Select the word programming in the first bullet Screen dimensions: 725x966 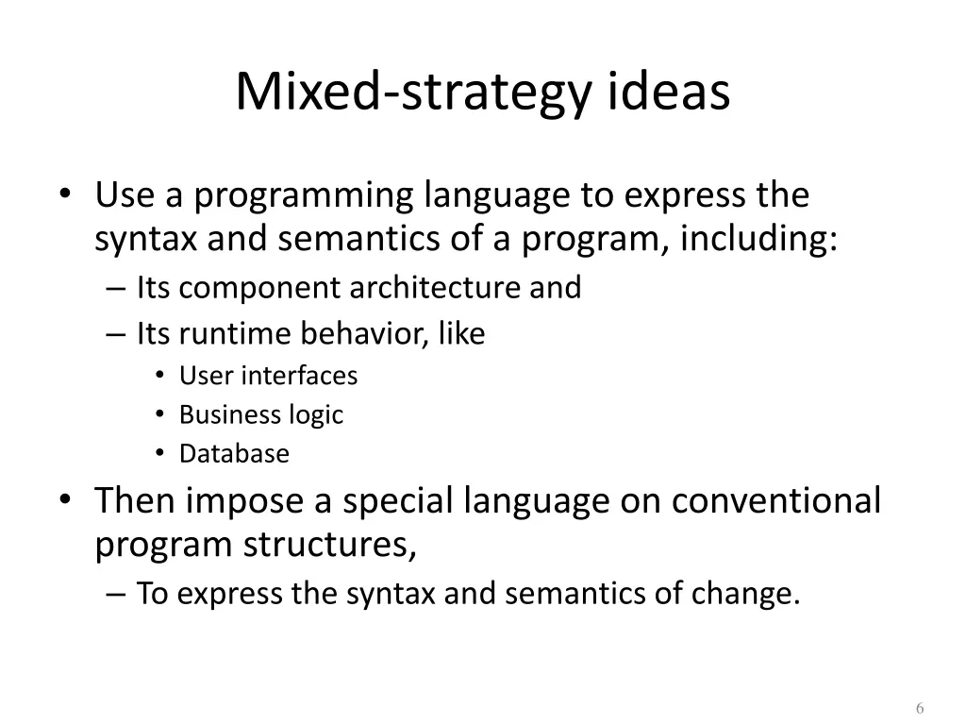tap(304, 196)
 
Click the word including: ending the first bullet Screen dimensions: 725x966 tap(758, 240)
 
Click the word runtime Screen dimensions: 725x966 tap(232, 333)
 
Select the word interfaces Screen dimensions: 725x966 tap(299, 376)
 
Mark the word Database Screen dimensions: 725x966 tap(234, 454)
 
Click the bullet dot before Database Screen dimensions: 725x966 tap(161, 454)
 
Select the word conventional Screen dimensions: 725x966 tap(775, 500)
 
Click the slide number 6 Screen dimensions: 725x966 tap(920, 710)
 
